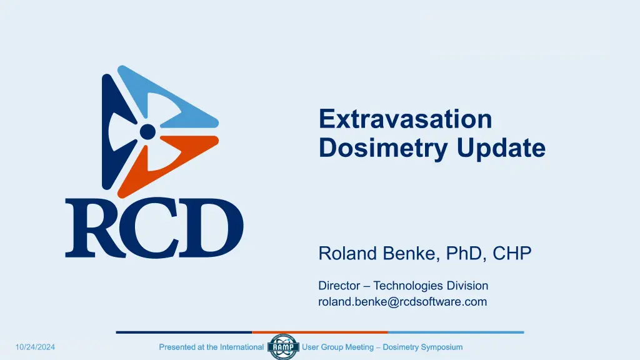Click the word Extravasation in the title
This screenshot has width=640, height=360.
pos(405,119)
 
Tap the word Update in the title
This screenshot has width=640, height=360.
pos(501,147)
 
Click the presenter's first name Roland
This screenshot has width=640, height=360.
pos(347,253)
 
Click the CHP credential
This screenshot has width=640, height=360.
pos(512,253)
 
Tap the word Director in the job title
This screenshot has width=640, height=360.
pos(339,285)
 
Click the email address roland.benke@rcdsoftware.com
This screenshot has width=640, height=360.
pos(402,302)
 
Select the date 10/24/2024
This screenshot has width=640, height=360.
pos(35,347)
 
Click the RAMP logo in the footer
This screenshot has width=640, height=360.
pos(283,347)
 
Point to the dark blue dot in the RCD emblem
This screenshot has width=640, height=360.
pos(147,131)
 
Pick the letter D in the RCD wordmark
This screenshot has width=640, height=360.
pos(211,227)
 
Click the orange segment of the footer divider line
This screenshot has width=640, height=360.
pos(319,332)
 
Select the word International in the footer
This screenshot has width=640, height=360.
pos(242,347)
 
